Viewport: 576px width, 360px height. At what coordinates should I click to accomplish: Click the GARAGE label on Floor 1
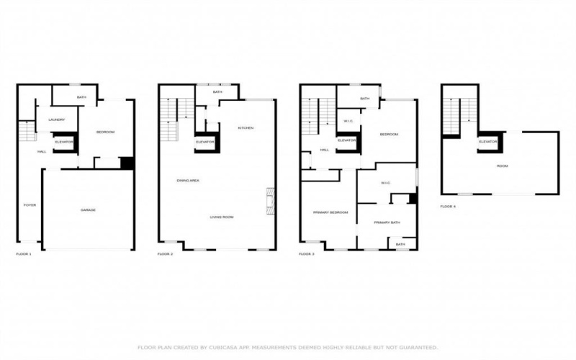pyautogui.click(x=88, y=210)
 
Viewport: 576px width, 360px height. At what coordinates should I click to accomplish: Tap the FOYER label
pyautogui.click(x=30, y=205)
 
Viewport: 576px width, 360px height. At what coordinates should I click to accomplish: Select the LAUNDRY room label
pyautogui.click(x=57, y=120)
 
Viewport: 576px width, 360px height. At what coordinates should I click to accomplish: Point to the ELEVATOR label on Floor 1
pyautogui.click(x=64, y=142)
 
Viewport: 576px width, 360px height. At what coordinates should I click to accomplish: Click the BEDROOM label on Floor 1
pyautogui.click(x=106, y=132)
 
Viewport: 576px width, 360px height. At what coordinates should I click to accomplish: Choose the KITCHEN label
pyautogui.click(x=246, y=128)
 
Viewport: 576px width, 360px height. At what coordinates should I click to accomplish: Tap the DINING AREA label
pyautogui.click(x=188, y=180)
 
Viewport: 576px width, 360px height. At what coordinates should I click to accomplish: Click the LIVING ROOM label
pyautogui.click(x=222, y=217)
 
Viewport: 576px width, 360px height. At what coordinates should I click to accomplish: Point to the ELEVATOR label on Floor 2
pyautogui.click(x=205, y=142)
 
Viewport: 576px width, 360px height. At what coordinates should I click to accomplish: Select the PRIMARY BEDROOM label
pyautogui.click(x=330, y=212)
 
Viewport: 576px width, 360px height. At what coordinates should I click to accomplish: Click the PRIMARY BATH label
pyautogui.click(x=387, y=222)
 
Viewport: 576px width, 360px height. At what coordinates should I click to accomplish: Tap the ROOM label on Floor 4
pyautogui.click(x=502, y=166)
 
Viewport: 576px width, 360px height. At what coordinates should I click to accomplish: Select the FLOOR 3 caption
pyautogui.click(x=307, y=254)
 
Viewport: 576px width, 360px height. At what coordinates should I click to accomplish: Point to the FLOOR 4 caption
pyautogui.click(x=448, y=206)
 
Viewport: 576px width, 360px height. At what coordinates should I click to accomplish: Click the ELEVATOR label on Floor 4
pyautogui.click(x=489, y=142)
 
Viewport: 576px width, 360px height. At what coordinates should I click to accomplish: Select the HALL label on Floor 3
pyautogui.click(x=325, y=150)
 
